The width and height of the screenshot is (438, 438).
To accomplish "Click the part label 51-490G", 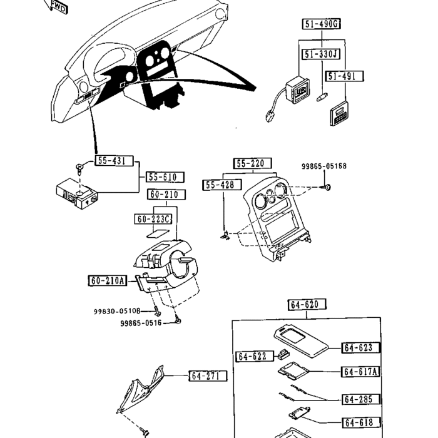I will point(322,25).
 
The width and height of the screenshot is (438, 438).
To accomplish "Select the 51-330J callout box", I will point(321,54).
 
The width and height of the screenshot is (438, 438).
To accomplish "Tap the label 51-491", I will point(345,76).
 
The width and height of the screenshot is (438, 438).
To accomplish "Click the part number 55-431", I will point(111,161).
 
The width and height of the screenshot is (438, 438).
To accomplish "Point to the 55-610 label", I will point(162,177).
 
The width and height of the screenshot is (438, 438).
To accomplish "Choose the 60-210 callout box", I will point(163,195).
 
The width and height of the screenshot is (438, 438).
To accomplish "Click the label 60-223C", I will point(153,219).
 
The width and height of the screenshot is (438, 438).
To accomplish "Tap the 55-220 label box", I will point(253,164).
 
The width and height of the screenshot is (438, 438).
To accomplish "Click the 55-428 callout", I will point(219,185).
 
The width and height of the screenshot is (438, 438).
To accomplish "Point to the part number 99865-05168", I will point(323,166).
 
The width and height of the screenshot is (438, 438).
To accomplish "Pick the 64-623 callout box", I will point(362,347).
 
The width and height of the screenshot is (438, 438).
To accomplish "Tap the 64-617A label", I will point(362,372).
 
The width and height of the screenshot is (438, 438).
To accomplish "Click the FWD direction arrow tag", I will point(58,7).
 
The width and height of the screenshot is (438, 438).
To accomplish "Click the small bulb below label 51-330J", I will point(322,97).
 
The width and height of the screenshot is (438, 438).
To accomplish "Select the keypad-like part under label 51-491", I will point(339,112).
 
